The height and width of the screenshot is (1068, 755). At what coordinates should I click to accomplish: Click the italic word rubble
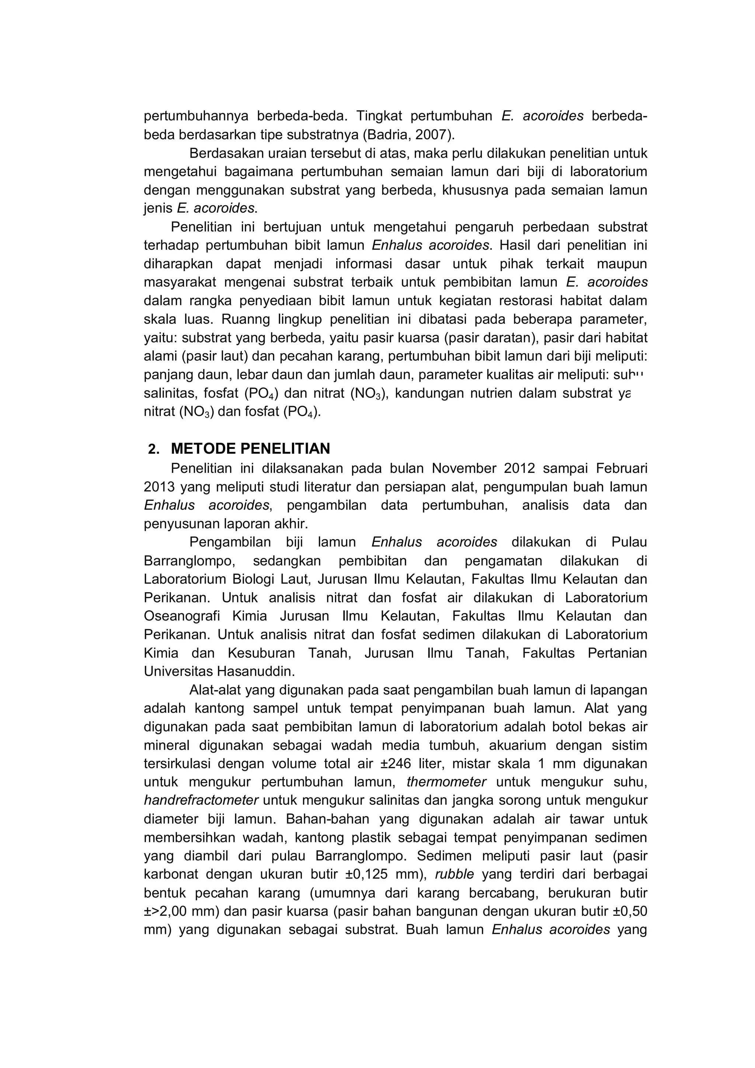tap(455, 874)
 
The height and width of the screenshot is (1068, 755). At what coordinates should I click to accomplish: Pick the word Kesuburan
tap(261, 653)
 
